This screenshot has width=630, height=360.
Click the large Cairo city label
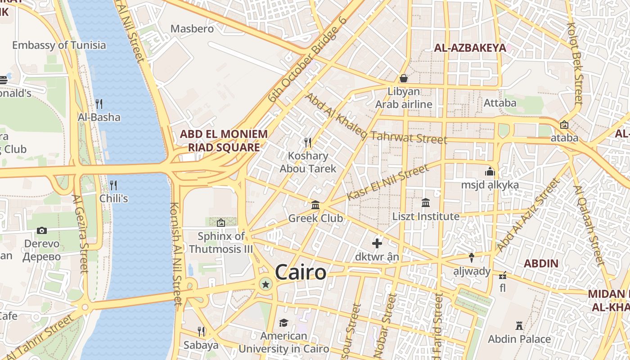300,273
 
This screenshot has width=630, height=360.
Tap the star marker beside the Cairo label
266,284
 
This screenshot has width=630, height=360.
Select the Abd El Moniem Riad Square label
224,140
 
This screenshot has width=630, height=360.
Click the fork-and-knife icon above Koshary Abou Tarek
308,143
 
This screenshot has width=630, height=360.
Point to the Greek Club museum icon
315,205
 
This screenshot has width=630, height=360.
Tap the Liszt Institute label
426,216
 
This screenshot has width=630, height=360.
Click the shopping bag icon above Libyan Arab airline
404,78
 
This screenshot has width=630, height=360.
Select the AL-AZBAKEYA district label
470,48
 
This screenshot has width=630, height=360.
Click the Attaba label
500,103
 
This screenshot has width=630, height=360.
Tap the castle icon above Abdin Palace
519,325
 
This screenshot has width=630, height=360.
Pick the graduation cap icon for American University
283,323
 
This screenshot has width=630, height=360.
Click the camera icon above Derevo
42,230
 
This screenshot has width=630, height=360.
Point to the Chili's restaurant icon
113,185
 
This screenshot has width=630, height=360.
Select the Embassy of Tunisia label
59,45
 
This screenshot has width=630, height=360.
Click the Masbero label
192,29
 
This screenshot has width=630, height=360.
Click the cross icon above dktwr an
377,243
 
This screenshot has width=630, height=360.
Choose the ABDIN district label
541,264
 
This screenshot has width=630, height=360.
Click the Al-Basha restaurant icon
99,104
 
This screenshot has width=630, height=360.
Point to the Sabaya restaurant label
201,345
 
